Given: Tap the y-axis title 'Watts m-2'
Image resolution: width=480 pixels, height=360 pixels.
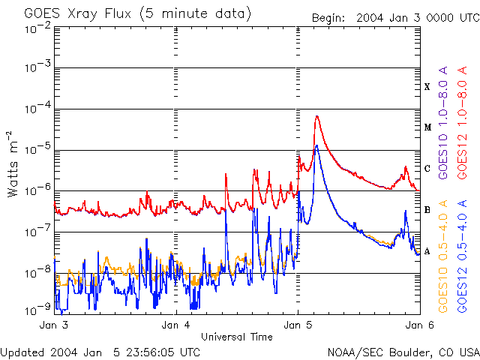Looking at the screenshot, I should (13, 164).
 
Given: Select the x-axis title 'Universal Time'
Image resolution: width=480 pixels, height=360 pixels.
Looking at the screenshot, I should (236, 337).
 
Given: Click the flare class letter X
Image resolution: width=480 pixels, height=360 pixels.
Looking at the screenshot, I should (427, 87).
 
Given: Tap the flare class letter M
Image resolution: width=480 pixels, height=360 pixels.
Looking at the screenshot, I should (427, 127).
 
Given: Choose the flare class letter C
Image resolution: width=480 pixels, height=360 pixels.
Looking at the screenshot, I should (427, 169).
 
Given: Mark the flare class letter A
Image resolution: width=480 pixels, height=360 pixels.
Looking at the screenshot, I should (427, 251).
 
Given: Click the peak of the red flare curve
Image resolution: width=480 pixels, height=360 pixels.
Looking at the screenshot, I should (318, 116).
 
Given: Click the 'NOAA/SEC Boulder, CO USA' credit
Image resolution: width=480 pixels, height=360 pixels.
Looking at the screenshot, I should (403, 352).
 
